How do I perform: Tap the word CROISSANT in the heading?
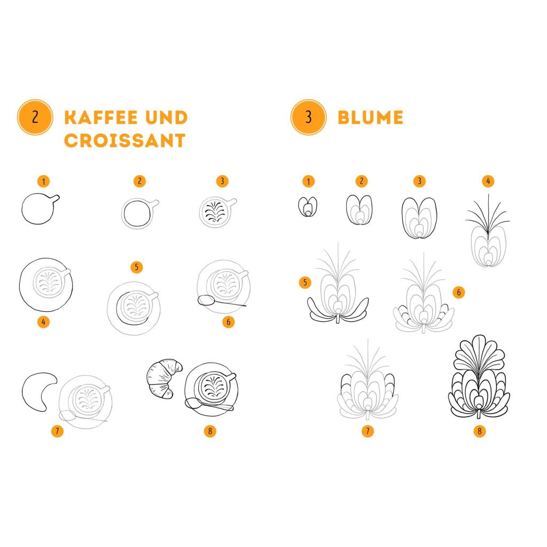tap(125, 140)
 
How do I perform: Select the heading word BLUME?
tap(371, 118)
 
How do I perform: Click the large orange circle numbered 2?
tap(35, 117)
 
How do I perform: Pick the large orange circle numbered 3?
tap(308, 117)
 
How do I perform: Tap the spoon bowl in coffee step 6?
tap(206, 300)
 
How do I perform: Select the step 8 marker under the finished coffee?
tap(210, 431)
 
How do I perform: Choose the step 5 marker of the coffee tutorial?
tap(136, 267)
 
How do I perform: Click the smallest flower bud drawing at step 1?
tap(308, 207)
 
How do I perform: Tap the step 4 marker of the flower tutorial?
tap(488, 182)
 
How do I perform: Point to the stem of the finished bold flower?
tap(479, 414)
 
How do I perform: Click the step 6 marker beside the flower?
tap(459, 292)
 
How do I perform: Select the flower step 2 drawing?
tap(359, 209)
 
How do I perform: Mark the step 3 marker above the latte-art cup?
tap(222, 182)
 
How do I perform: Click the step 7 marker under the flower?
tap(368, 431)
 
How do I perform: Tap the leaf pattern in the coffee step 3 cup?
tap(214, 212)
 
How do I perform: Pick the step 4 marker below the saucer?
tap(43, 322)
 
